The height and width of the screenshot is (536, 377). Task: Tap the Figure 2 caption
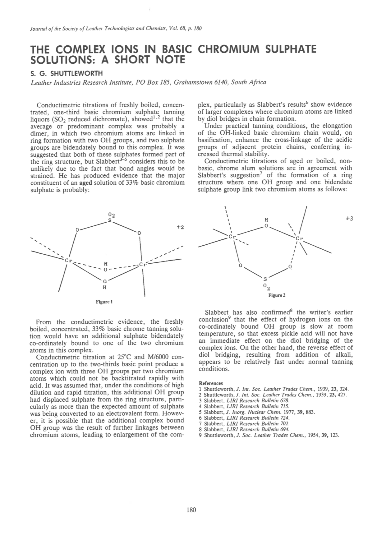(x=277, y=295)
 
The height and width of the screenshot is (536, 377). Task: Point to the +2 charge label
(x=180, y=227)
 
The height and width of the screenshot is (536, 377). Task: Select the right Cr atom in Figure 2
(x=299, y=238)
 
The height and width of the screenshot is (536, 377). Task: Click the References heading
(x=211, y=383)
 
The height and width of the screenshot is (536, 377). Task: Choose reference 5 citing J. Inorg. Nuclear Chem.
(x=257, y=412)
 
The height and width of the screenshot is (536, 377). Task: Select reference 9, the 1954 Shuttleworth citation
(x=269, y=435)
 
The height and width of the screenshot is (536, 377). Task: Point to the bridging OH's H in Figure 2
(x=266, y=220)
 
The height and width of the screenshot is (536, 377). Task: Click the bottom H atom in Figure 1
(x=105, y=287)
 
